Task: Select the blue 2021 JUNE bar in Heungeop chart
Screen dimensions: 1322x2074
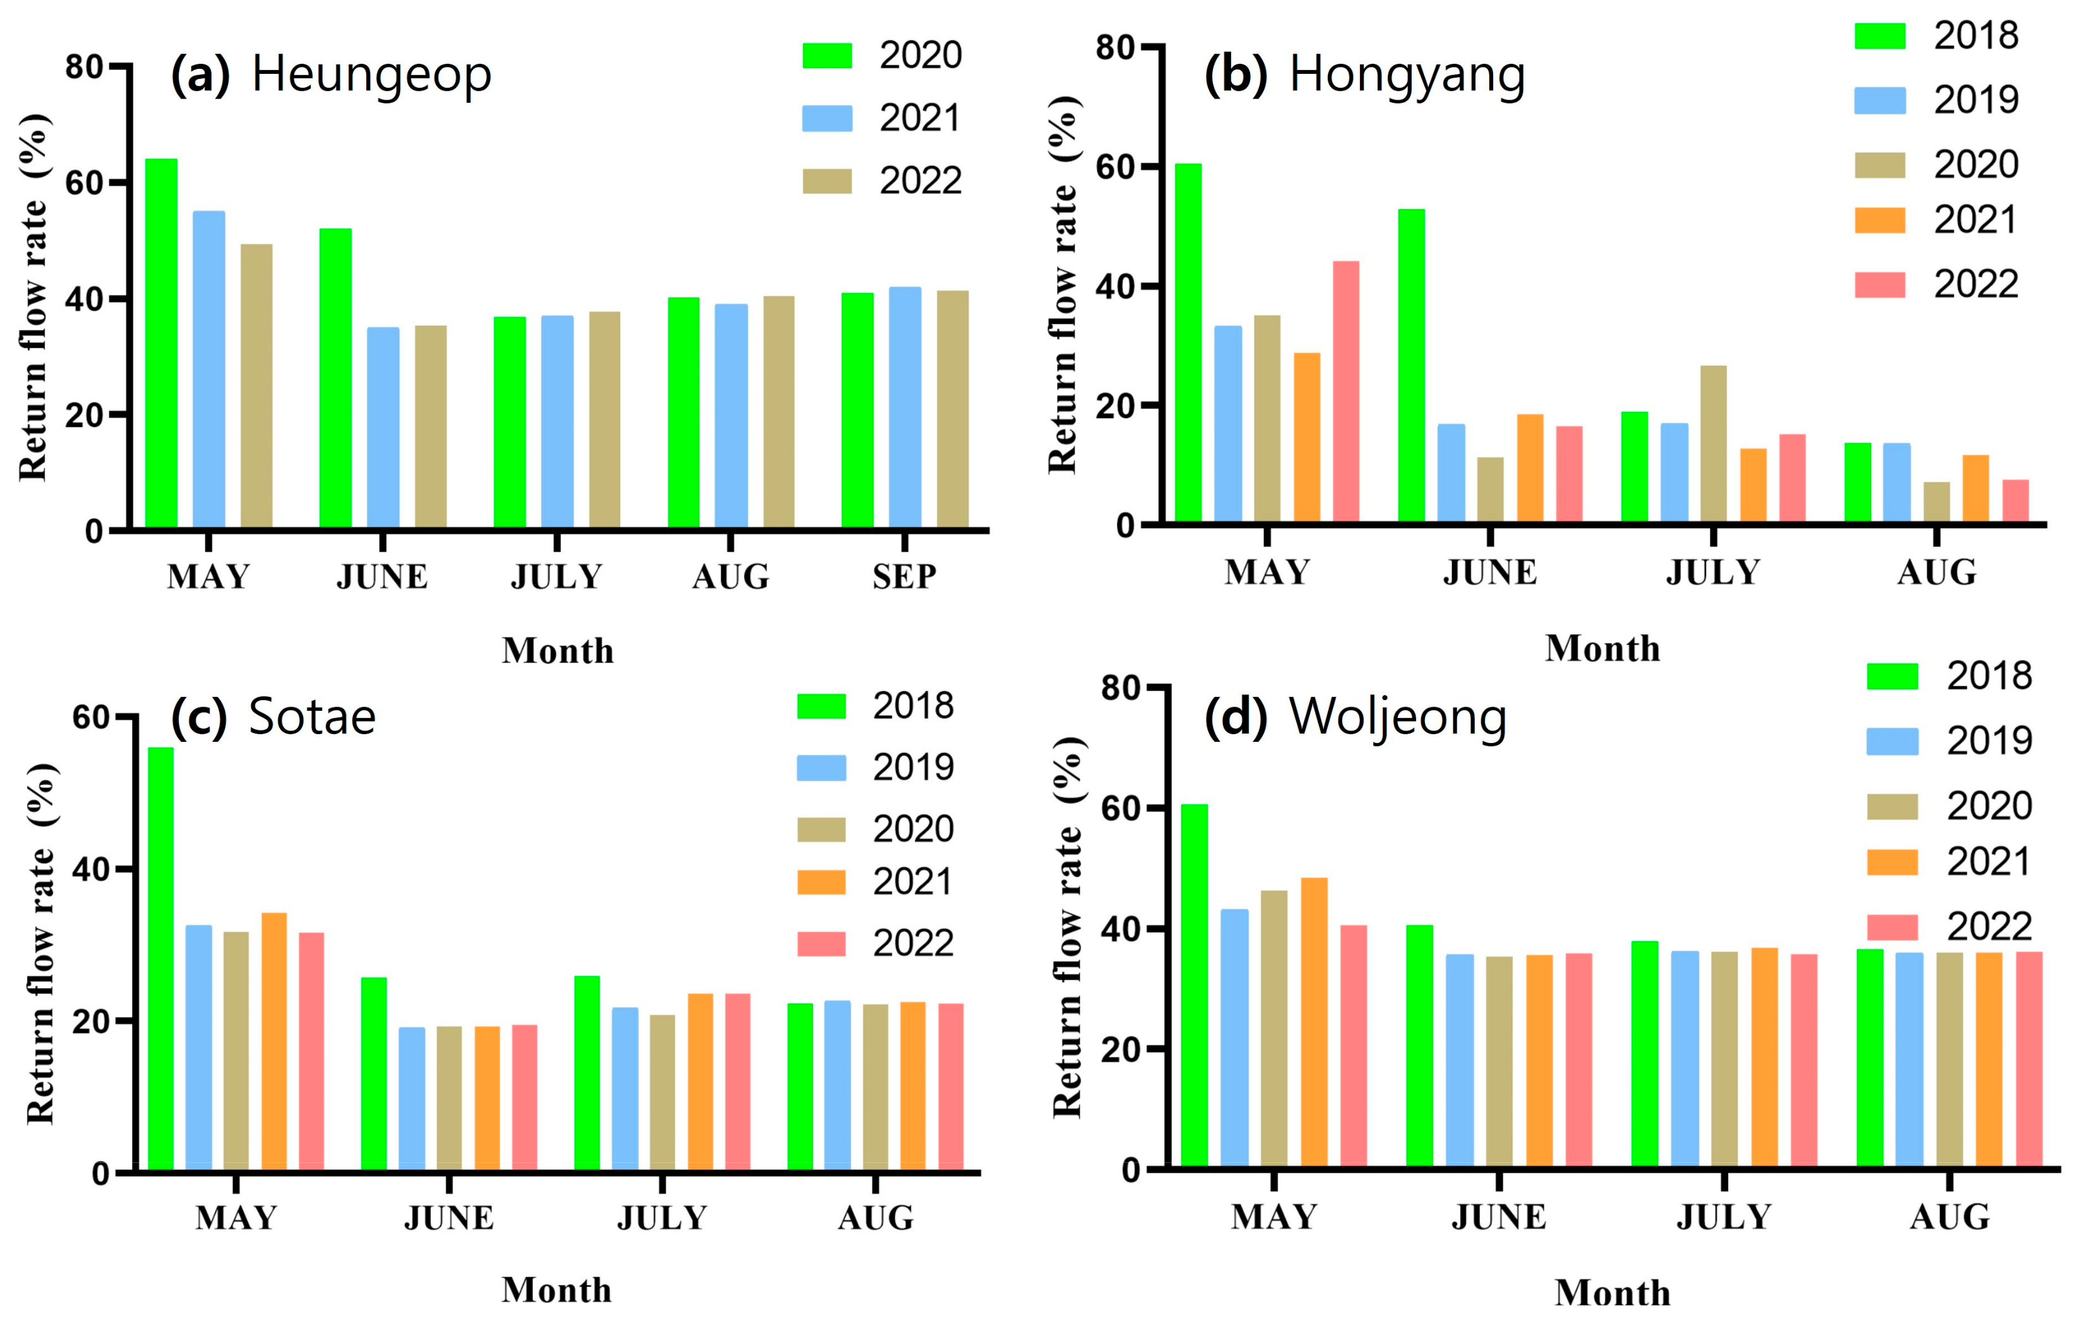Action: coord(383,427)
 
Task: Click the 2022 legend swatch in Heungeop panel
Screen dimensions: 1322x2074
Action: coord(827,181)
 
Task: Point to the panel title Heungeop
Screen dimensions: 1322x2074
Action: coord(371,74)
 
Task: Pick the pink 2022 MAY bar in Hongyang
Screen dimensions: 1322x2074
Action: coord(1345,392)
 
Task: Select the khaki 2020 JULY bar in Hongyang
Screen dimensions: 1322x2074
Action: coord(1713,444)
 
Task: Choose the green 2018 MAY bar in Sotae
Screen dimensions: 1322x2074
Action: coord(161,958)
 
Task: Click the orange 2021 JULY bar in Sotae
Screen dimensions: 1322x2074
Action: coord(700,1081)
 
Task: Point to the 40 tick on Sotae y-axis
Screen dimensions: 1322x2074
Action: coord(92,869)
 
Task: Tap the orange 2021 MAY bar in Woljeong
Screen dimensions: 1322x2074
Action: coord(1313,1021)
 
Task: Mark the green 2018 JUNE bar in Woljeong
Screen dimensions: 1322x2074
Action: coord(1419,1045)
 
